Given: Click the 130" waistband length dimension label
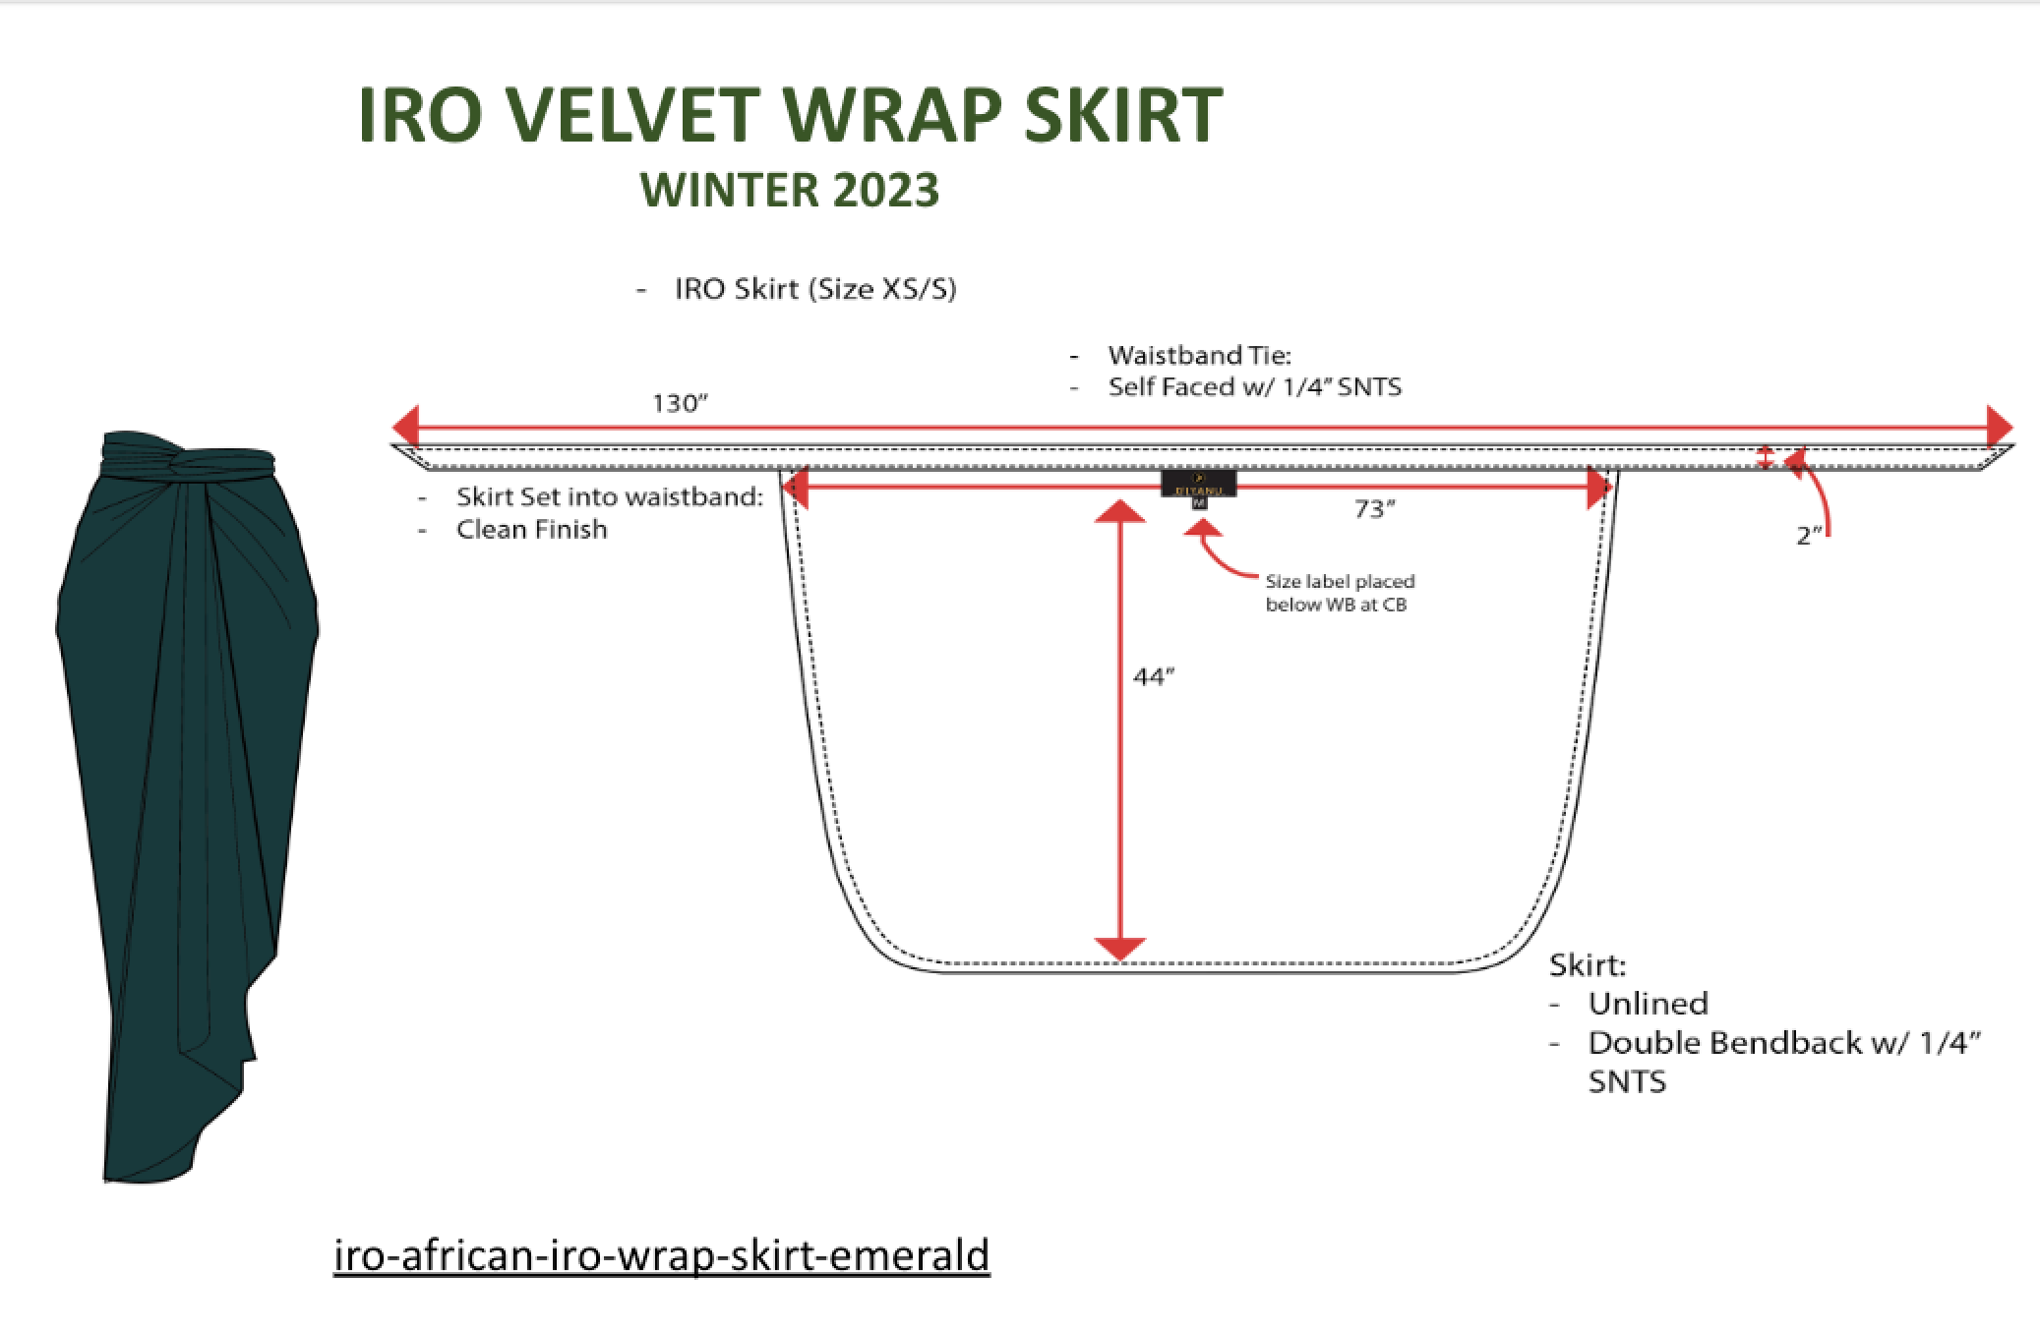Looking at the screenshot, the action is (x=680, y=404).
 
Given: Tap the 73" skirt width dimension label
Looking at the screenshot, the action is (x=1375, y=509).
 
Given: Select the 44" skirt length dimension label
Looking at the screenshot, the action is (x=1154, y=677).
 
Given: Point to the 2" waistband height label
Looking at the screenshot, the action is (x=1809, y=536).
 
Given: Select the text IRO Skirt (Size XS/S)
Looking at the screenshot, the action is (x=814, y=289).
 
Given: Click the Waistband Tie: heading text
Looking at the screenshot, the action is (x=1198, y=355).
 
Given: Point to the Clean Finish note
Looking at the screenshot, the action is (x=531, y=530).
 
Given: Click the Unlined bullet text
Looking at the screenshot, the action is (x=1648, y=1004).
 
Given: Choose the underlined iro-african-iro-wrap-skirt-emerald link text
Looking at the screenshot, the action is (x=661, y=1255).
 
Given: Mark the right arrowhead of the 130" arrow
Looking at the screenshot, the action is (x=2000, y=428).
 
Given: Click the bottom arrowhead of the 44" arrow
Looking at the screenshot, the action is (x=1119, y=948).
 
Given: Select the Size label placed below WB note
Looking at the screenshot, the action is (x=1339, y=593).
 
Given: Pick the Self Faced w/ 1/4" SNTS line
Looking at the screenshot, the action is (x=1254, y=386).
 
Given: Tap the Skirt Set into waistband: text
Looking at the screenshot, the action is (x=609, y=496).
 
